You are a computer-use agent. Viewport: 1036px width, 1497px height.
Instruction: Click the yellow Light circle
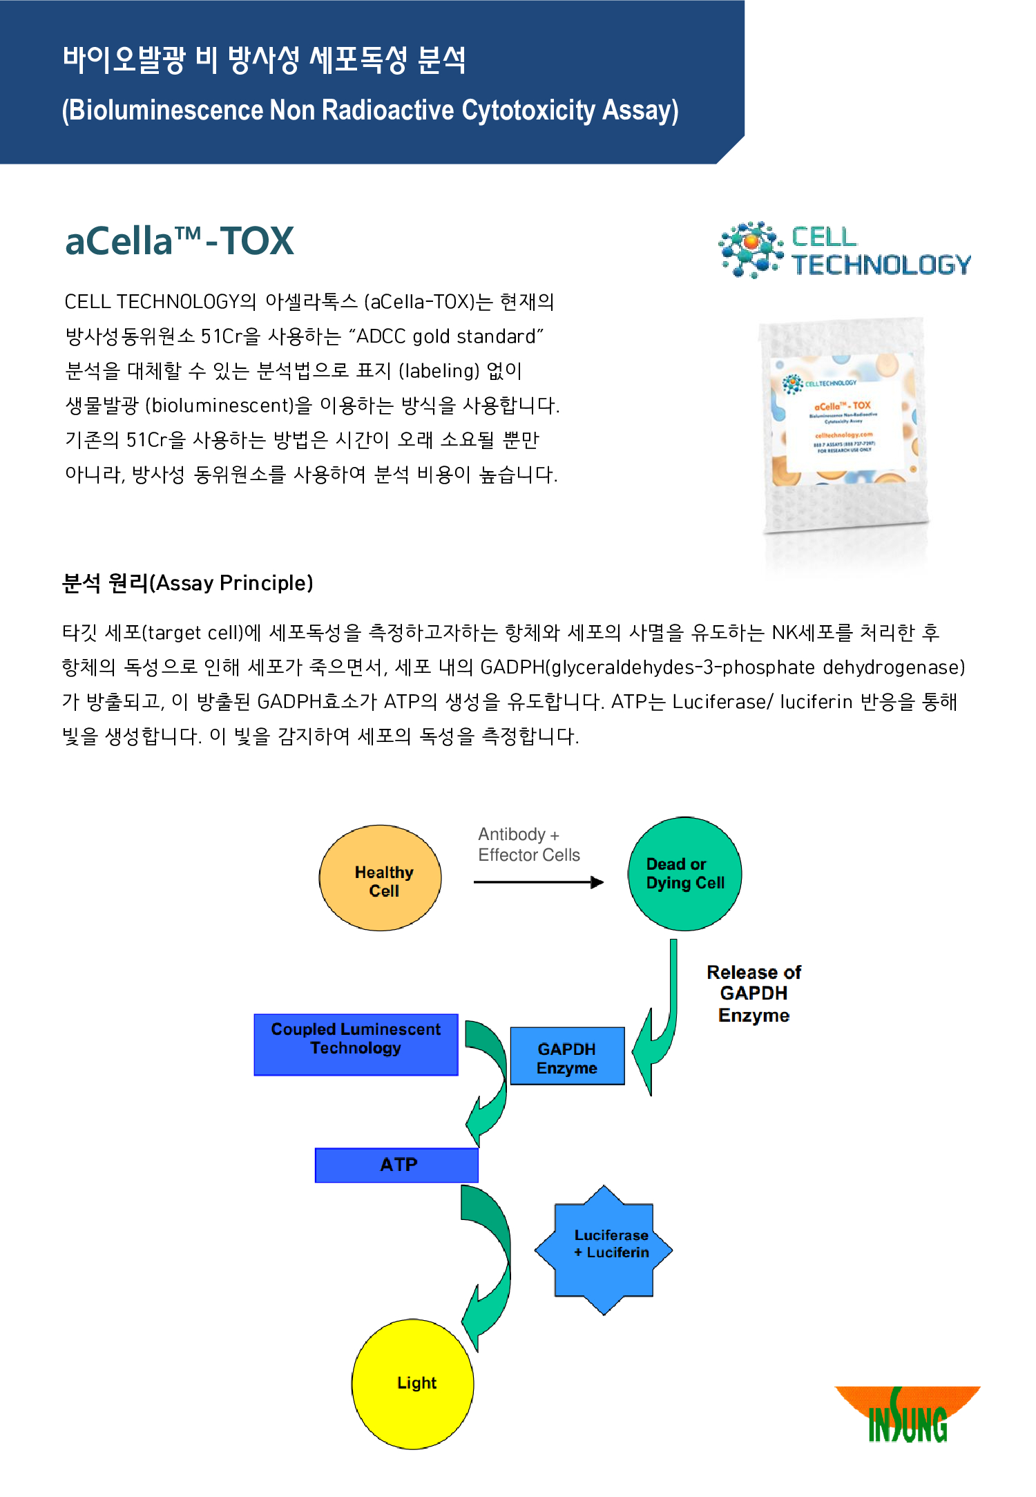coord(412,1384)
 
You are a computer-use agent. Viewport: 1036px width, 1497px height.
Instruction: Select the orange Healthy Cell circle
coord(380,878)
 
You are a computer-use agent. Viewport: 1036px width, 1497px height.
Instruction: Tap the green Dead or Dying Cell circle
coord(684,874)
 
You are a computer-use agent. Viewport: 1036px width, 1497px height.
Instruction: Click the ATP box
coord(396,1165)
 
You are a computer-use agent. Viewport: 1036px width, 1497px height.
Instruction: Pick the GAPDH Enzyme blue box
coord(567,1056)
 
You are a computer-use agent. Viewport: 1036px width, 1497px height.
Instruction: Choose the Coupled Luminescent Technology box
coord(356,1044)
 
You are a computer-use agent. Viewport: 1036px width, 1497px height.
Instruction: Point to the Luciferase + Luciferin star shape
coord(604,1250)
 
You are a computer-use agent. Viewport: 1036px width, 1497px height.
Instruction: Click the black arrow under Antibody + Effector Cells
coord(538,882)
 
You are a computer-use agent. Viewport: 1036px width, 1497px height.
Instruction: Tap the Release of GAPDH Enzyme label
coord(754,993)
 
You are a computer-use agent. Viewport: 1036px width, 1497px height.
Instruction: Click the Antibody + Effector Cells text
coord(528,844)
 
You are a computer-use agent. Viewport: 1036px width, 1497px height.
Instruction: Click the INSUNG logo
coord(908,1415)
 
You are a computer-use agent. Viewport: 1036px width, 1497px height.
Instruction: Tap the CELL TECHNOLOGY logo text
coord(881,251)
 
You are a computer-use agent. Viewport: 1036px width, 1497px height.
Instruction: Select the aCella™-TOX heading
coord(180,241)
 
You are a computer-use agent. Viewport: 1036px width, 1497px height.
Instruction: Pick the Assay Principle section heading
coord(187,583)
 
